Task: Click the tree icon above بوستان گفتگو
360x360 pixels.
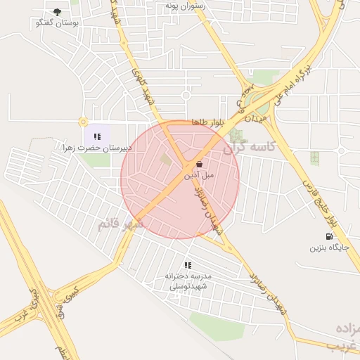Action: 57,12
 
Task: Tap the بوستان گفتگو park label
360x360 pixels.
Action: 57,23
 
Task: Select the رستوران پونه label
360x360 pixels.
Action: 184,5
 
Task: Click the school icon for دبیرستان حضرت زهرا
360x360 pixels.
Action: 97,136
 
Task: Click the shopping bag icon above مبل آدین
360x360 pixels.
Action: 200,165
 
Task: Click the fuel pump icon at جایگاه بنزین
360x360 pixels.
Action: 328,236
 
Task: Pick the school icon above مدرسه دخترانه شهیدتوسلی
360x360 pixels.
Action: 188,265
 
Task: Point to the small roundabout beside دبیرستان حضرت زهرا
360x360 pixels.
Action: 83,122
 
